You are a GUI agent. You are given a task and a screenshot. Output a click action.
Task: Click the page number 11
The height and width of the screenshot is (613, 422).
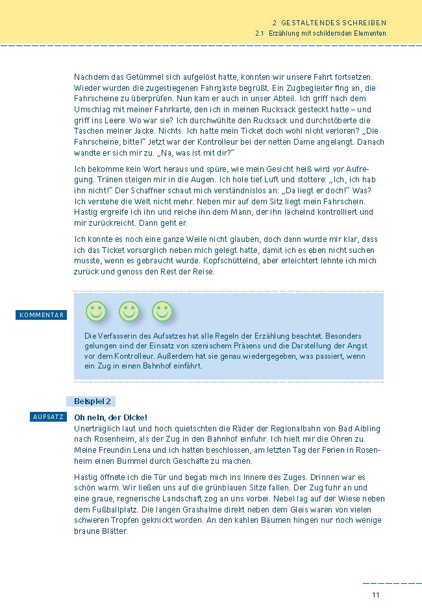[x=375, y=595]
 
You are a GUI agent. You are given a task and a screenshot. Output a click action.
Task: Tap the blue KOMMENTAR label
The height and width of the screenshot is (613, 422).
[x=42, y=315]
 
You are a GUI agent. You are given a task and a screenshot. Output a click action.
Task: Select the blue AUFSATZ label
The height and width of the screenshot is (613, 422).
[x=48, y=416]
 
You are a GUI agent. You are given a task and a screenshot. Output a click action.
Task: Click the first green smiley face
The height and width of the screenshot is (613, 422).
[x=96, y=311]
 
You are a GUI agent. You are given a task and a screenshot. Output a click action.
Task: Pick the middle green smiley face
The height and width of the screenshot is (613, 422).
[x=129, y=311]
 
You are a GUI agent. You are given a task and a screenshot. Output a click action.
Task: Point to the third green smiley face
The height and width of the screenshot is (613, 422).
[x=162, y=311]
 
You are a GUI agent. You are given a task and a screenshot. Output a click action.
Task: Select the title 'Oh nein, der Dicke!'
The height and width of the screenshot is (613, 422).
[x=111, y=417]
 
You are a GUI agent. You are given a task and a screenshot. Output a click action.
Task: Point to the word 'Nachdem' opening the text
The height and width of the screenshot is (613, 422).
[x=91, y=77]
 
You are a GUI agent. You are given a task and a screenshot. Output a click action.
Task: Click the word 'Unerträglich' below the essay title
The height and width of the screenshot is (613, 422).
[x=97, y=429]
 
